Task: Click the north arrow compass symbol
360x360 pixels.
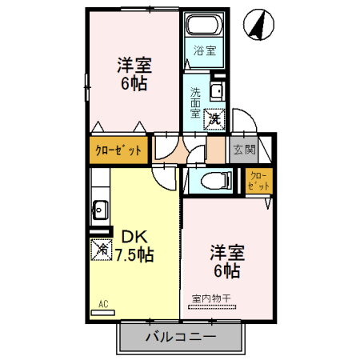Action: click(258, 25)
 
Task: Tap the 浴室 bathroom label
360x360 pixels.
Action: click(205, 51)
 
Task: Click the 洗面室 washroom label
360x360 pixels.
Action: click(194, 102)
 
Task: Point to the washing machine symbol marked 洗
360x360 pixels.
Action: click(214, 118)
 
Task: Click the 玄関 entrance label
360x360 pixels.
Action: click(243, 149)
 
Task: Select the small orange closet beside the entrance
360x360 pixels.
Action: click(258, 181)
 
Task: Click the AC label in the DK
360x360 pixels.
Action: click(102, 302)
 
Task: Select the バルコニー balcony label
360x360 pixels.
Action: click(180, 337)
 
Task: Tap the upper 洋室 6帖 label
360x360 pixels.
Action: click(134, 74)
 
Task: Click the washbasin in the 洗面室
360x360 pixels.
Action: click(216, 90)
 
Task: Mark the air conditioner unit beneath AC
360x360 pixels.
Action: click(102, 312)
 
